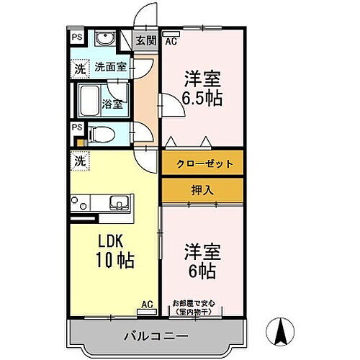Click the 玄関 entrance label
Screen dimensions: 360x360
[x=146, y=41]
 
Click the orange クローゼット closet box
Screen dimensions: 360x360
[x=202, y=164]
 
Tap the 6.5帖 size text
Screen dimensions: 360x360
[x=202, y=98]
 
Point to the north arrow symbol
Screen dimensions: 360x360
[x=282, y=331]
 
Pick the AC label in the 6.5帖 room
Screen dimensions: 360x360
[x=171, y=41]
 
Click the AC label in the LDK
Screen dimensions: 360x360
[x=147, y=304]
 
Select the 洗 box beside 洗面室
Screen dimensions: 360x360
[x=76, y=69]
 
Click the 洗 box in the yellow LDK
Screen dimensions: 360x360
[x=76, y=161]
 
